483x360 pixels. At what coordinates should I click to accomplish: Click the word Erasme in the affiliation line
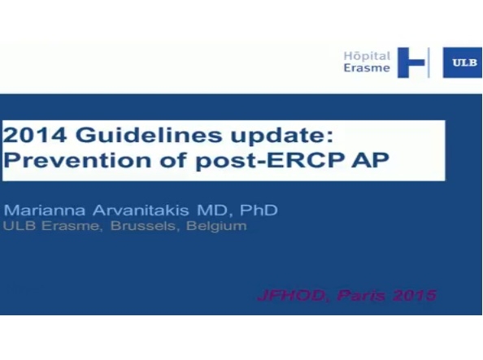[59, 226]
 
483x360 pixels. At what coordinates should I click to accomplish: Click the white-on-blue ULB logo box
[462, 63]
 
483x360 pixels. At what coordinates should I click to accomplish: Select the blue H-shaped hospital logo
[415, 63]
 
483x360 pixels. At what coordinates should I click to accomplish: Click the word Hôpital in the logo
[367, 55]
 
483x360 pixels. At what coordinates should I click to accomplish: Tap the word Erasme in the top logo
[367, 69]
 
